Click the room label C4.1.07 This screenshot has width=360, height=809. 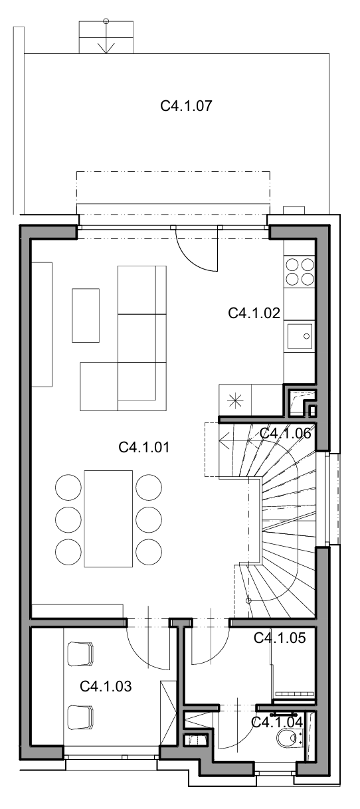[187, 106]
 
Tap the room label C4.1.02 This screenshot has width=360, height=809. [254, 313]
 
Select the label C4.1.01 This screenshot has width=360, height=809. [144, 448]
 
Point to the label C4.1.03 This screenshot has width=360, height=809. [106, 686]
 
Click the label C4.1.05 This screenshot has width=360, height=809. [280, 638]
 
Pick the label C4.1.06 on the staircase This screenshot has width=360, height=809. [285, 433]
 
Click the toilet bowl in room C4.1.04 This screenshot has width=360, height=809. [288, 737]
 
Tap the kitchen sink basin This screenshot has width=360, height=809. [300, 336]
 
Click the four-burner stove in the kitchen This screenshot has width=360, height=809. [300, 272]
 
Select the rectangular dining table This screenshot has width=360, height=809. [108, 519]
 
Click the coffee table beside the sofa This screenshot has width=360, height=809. [86, 315]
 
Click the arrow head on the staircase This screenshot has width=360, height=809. [225, 440]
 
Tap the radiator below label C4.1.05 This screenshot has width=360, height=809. [294, 693]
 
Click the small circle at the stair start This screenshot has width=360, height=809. [248, 600]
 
